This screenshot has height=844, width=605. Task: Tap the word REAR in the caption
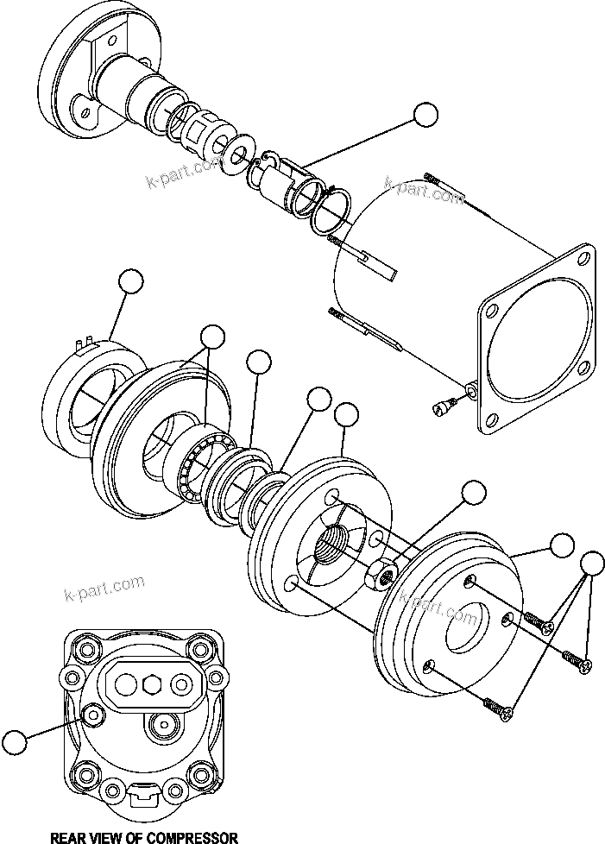(x=70, y=836)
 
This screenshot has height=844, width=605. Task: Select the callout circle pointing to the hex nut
(x=474, y=493)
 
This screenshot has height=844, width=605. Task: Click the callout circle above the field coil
(x=130, y=281)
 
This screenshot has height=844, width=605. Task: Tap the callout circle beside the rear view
(x=14, y=741)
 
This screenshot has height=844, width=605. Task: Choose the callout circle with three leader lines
(x=591, y=563)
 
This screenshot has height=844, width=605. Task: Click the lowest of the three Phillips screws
(x=500, y=709)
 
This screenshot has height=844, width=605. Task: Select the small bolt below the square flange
(x=445, y=402)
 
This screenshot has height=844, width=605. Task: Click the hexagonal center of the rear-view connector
(x=154, y=683)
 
